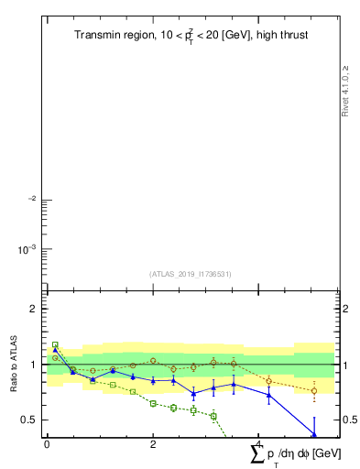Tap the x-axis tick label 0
coord(47,443)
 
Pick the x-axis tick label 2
coord(153,443)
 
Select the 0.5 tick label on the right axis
coord(350,420)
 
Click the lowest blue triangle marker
coord(314,435)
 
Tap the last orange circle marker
coord(314,390)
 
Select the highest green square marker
coord(55,345)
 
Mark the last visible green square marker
coord(213,416)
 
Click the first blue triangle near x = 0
coord(55,350)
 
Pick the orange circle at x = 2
coord(153,361)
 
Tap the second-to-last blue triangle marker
coord(269,396)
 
